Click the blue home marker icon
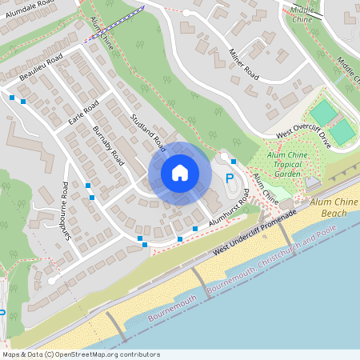180,173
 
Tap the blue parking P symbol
230,179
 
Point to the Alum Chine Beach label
328,208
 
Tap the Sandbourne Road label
64,207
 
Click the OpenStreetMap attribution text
81,354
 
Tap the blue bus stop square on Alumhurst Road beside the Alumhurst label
195,230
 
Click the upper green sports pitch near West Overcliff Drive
323,112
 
